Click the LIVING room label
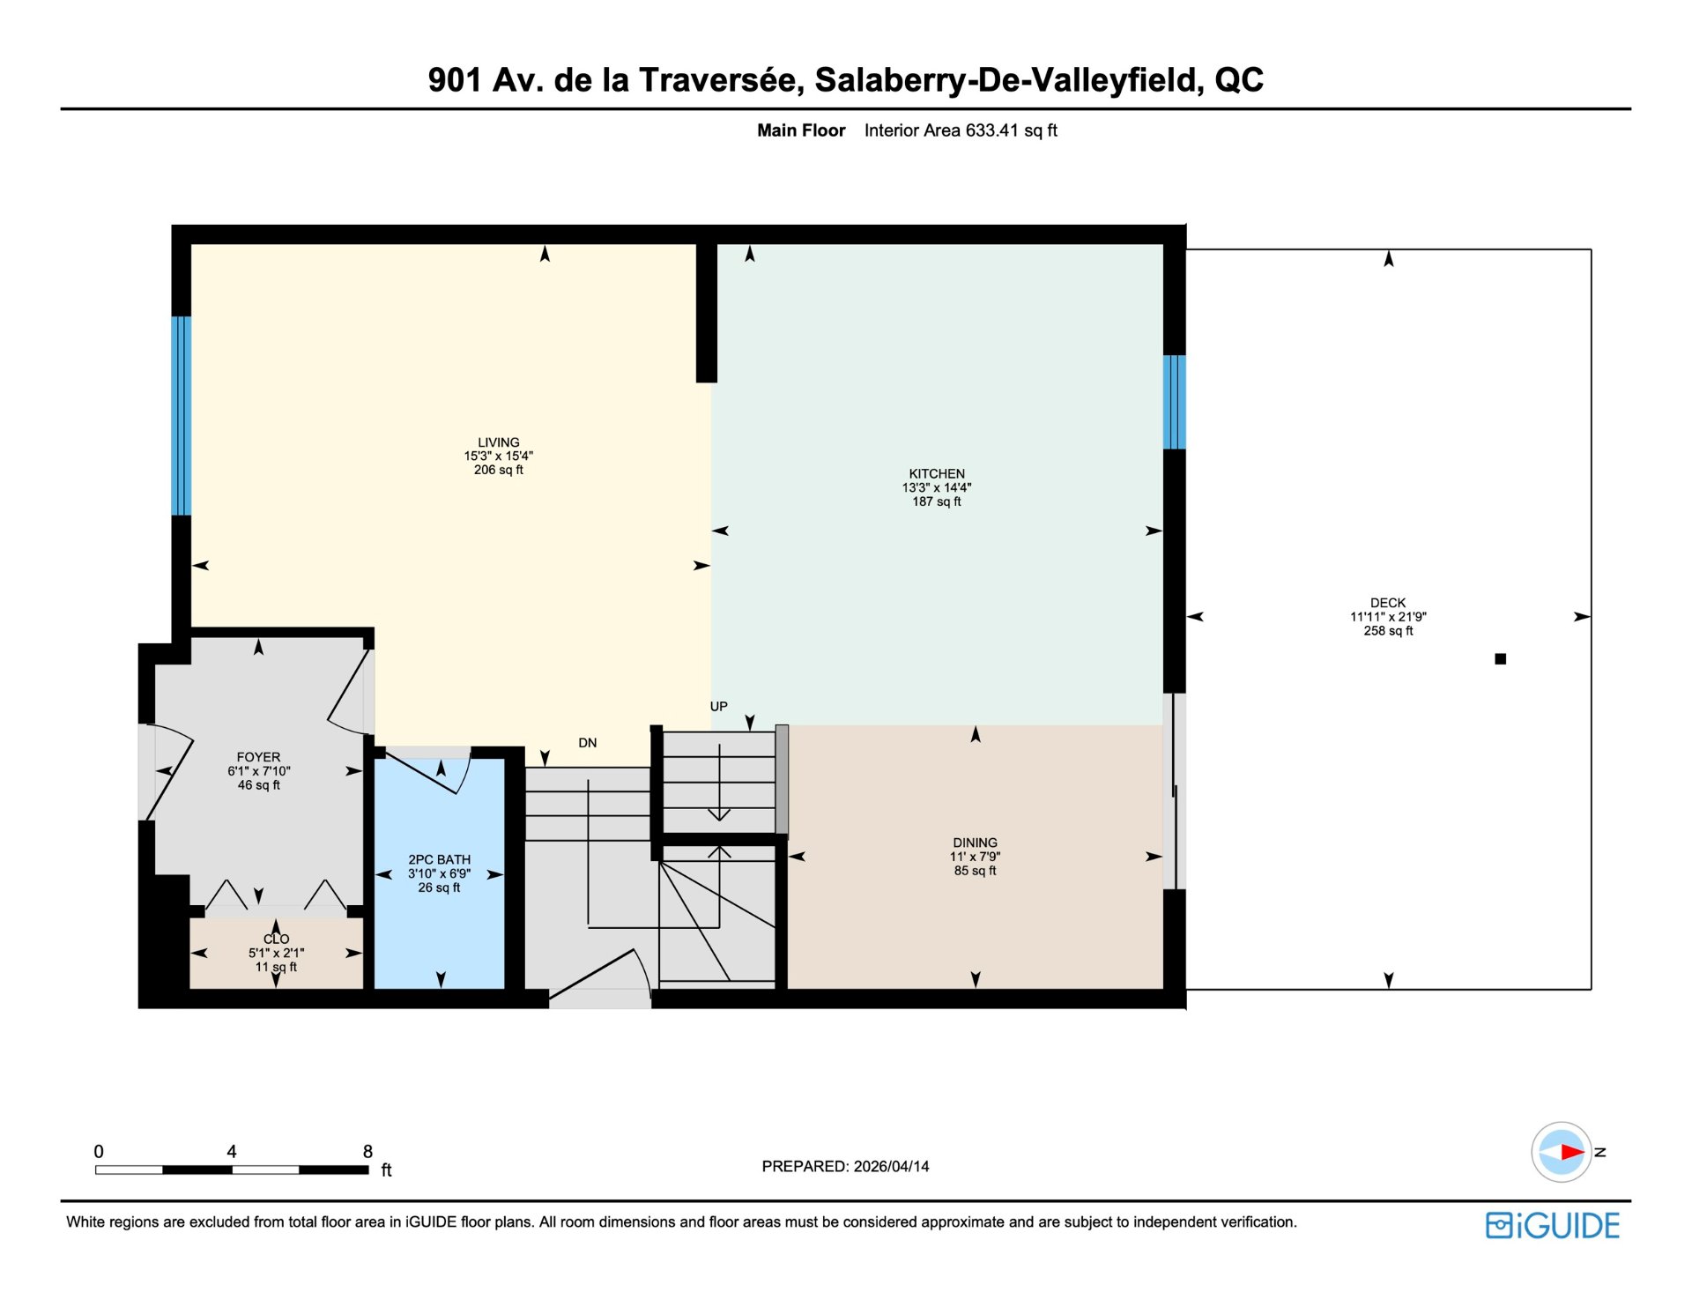tap(499, 442)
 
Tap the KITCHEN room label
tap(937, 474)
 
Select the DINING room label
tap(975, 843)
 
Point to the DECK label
tap(1388, 603)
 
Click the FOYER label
tap(258, 757)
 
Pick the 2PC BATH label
tap(439, 859)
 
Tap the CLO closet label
tap(276, 939)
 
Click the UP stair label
tap(719, 706)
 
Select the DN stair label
tap(588, 743)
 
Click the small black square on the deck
tap(1501, 658)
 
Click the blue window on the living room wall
tap(181, 415)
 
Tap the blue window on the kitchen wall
tap(1174, 402)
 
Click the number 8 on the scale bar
tap(368, 1151)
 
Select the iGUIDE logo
tap(1553, 1226)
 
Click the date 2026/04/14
tap(889, 1166)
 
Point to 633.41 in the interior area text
tap(992, 130)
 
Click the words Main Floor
tap(801, 130)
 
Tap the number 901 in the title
tap(455, 80)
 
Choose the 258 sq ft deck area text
tap(1388, 631)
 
